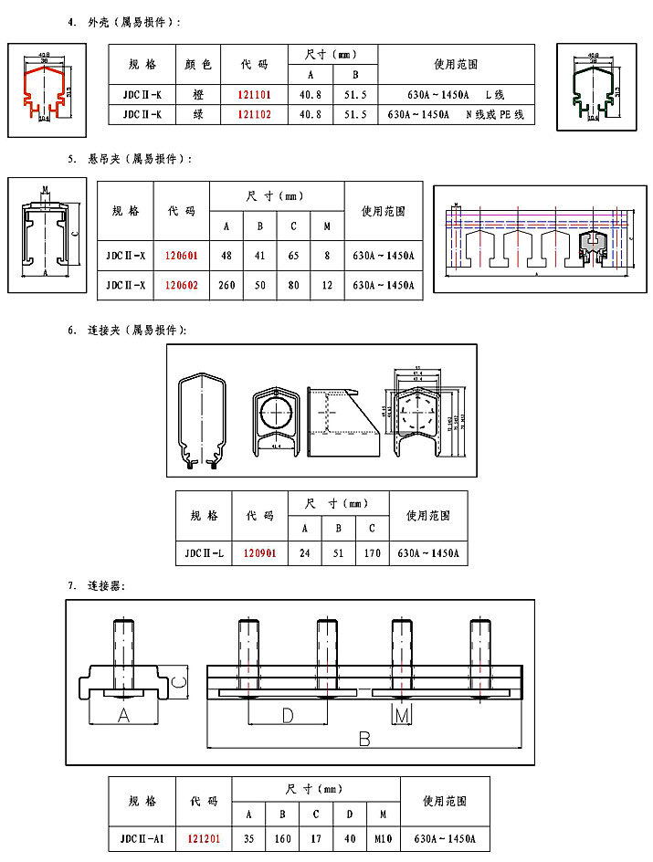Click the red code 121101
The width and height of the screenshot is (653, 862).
pos(254,95)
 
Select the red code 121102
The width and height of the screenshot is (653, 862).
pos(254,115)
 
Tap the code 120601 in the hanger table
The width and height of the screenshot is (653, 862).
pos(182,256)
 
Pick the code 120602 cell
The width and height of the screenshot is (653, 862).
pos(182,285)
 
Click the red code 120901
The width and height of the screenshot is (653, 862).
pos(259,553)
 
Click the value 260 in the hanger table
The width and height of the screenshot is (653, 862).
pos(227,285)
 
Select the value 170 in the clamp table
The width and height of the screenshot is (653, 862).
pos(372,553)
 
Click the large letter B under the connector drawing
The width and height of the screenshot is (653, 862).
pos(363,739)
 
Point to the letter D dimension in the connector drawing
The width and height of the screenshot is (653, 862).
pos(287,717)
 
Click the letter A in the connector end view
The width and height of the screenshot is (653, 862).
pos(123,717)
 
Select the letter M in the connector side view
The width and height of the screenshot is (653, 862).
pos(402,716)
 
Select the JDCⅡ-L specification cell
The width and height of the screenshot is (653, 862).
pos(204,553)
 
